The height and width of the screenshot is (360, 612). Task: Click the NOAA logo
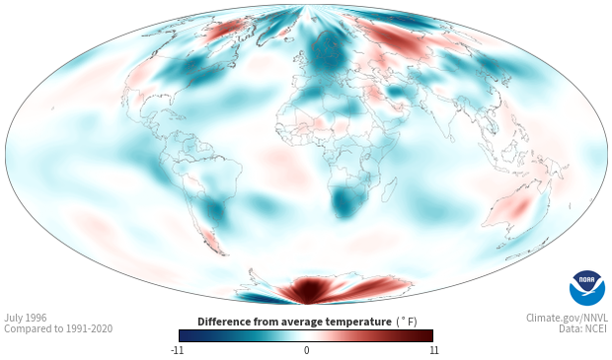tap(587, 288)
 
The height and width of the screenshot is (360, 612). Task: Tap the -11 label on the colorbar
tap(177, 350)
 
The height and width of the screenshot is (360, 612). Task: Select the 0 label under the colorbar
tap(306, 350)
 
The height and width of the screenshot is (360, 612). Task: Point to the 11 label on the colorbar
tap(433, 350)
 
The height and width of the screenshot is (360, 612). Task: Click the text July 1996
tap(26, 318)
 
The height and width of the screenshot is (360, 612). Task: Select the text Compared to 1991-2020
tap(58, 328)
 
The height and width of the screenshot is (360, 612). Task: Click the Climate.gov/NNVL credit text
tap(567, 318)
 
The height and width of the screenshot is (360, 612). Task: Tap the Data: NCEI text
tap(583, 328)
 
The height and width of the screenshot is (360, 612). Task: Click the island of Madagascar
tap(388, 190)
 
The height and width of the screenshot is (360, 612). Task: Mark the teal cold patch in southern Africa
tap(344, 201)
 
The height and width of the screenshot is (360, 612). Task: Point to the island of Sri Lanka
tap(452, 138)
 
